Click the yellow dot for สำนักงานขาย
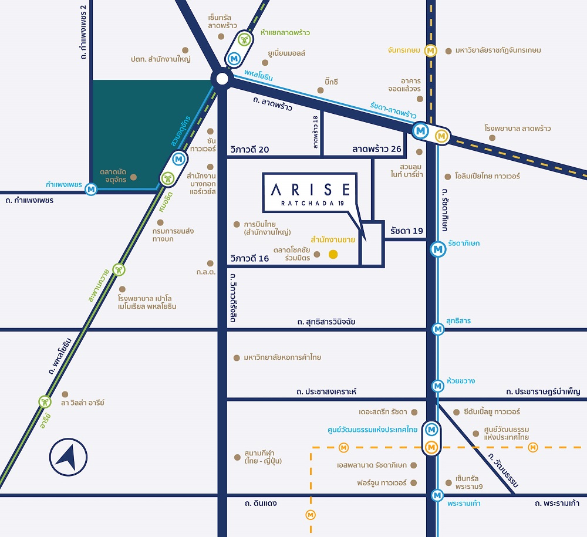click(333, 254)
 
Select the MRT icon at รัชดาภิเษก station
click(437, 248)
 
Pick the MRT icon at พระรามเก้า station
click(437, 495)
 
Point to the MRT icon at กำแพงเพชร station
click(91, 189)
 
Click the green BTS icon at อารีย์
click(45, 402)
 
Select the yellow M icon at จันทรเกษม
click(431, 50)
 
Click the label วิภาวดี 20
click(250, 149)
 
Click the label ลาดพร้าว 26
click(376, 149)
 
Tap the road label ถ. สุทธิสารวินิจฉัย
click(326, 322)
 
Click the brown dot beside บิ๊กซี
click(321, 90)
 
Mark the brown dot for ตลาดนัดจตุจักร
click(133, 177)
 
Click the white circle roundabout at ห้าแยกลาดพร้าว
click(222, 79)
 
